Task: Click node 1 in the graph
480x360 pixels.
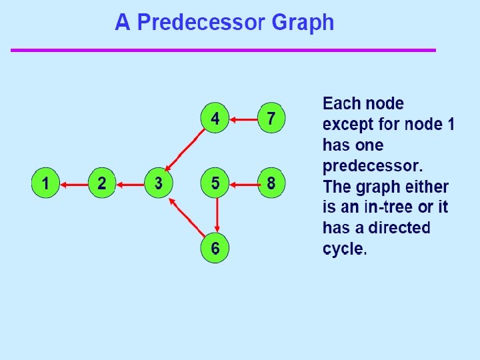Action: coord(45,183)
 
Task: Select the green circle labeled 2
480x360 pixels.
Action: coord(101,183)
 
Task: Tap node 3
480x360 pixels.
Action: coord(158,183)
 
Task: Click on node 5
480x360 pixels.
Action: coord(215,183)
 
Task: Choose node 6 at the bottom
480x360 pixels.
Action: coord(215,249)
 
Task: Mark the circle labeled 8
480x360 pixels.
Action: coord(271,183)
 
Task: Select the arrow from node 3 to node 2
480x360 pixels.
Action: coord(130,183)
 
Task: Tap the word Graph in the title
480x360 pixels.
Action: coord(303,23)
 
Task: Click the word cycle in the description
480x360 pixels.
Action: coord(343,249)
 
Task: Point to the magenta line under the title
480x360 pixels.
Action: coord(223,50)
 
